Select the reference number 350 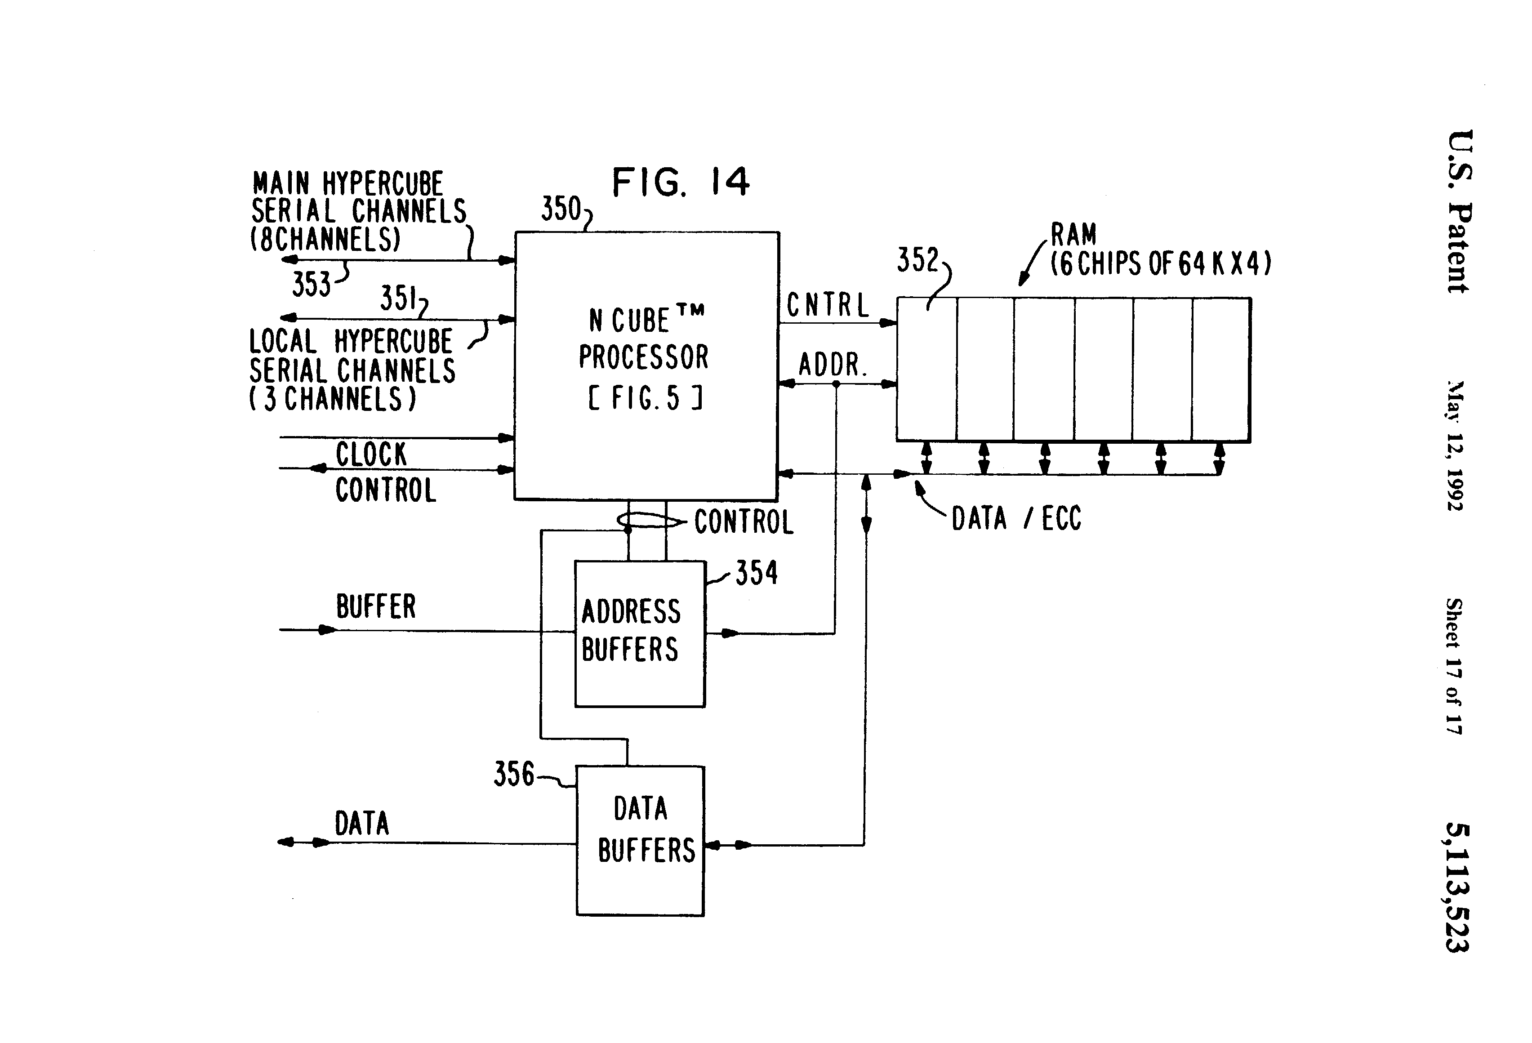point(561,209)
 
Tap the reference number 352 point(917,260)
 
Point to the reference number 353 point(311,285)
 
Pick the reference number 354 point(756,573)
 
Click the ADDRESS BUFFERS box point(639,633)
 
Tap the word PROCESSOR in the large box point(643,357)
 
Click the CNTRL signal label point(828,305)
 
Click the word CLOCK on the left point(371,454)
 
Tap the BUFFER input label point(376,606)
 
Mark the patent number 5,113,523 point(1457,887)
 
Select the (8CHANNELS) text point(325,239)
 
